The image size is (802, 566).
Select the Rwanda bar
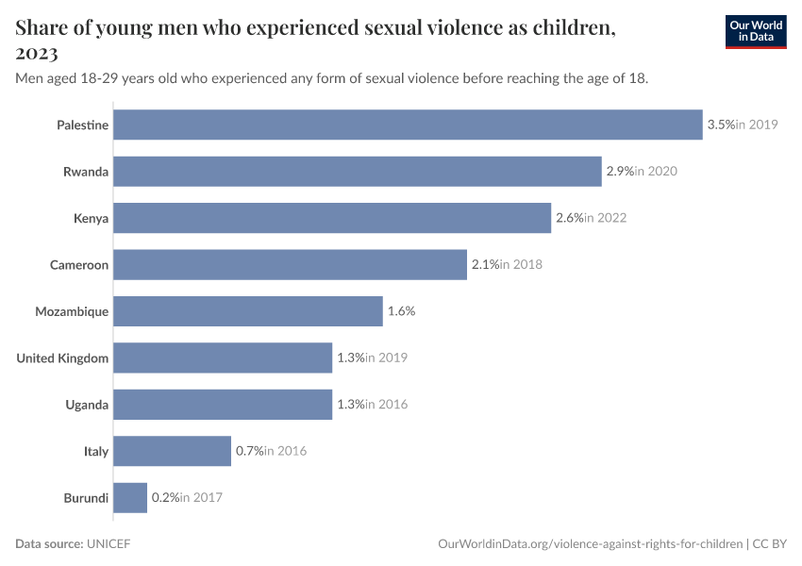point(358,172)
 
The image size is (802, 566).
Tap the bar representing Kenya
point(332,218)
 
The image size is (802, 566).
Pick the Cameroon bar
point(291,265)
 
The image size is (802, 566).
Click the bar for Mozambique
point(248,311)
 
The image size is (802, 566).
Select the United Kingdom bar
point(223,358)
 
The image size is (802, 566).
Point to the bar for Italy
point(173,451)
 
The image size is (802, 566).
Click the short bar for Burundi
point(130,497)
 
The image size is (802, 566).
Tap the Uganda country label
point(87,405)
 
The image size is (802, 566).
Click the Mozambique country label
point(72,311)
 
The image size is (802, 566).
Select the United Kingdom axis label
point(62,358)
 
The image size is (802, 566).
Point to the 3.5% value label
point(720,125)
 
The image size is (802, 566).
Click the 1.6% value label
point(401,311)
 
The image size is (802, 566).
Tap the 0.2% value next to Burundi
point(165,497)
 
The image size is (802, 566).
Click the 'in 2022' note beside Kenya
point(605,218)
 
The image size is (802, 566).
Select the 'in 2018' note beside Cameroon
point(521,265)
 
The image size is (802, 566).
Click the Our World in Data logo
point(755,31)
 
